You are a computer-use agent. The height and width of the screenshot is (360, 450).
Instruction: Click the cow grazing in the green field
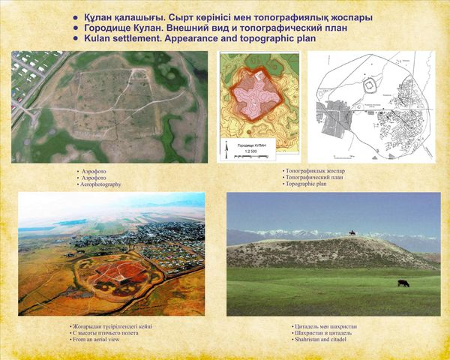(403, 283)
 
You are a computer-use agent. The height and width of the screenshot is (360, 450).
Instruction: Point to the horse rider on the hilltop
(352, 233)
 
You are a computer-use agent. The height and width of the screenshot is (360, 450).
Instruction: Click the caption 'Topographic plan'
(306, 183)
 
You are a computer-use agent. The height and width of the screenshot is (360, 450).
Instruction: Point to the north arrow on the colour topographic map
(228, 152)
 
